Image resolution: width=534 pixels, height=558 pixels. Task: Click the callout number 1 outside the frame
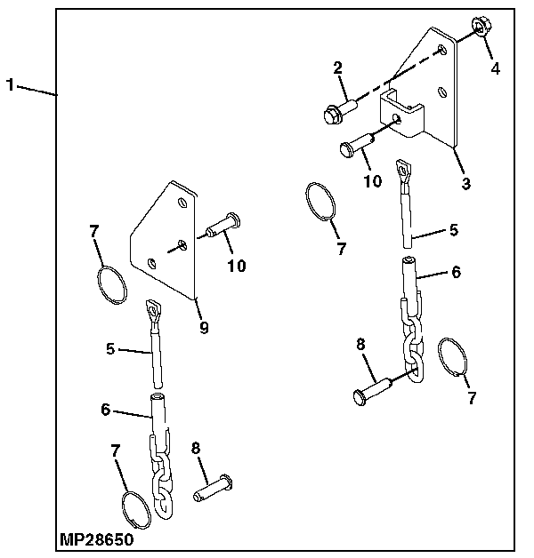[10, 85]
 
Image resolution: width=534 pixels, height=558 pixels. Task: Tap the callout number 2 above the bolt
[338, 68]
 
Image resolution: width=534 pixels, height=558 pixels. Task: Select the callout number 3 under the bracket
[466, 184]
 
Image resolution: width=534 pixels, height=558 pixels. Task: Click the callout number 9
[204, 328]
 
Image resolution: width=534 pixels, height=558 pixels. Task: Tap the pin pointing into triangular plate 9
[222, 225]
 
